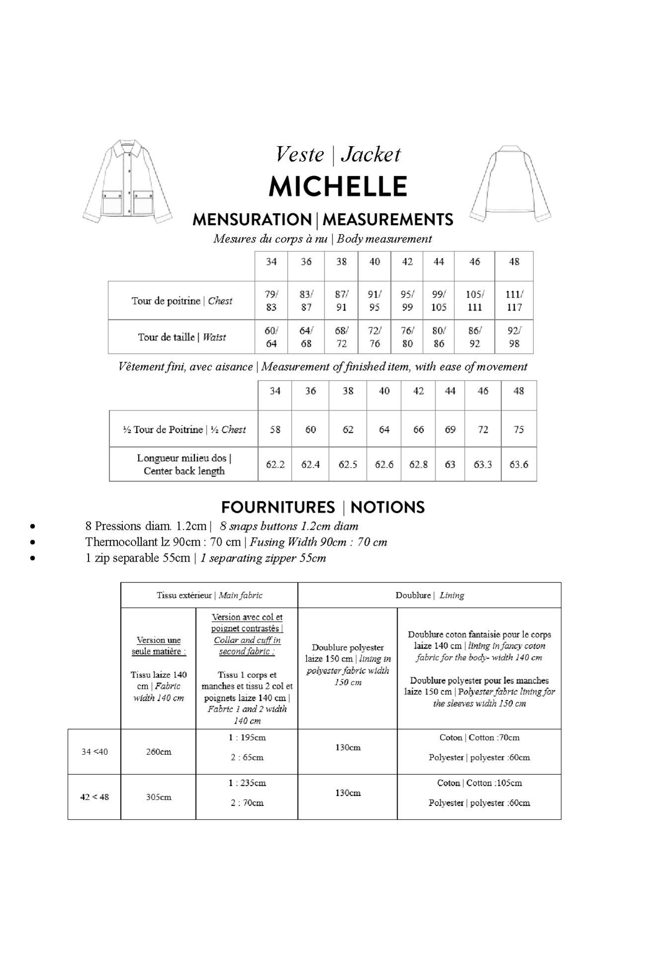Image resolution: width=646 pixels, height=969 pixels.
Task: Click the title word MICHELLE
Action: pyautogui.click(x=337, y=187)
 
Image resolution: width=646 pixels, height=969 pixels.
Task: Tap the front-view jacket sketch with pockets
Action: pyautogui.click(x=128, y=181)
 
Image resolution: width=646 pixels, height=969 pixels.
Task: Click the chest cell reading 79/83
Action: pyautogui.click(x=271, y=301)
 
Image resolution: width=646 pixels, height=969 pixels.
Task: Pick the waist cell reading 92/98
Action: pyautogui.click(x=514, y=337)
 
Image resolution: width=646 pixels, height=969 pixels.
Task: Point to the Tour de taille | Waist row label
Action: pyautogui.click(x=182, y=337)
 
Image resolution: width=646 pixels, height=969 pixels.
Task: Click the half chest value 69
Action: pyautogui.click(x=450, y=429)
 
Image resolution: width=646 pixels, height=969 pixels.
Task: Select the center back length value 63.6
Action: pyautogui.click(x=519, y=465)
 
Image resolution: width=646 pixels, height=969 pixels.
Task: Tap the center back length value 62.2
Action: pyautogui.click(x=275, y=465)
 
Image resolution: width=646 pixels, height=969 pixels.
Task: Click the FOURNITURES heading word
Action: pyautogui.click(x=278, y=507)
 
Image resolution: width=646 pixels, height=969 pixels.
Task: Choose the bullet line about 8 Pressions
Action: pyautogui.click(x=221, y=526)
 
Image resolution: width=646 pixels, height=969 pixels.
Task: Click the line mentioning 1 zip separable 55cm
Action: pyautogui.click(x=205, y=558)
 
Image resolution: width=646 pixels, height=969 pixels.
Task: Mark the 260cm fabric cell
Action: pyautogui.click(x=159, y=752)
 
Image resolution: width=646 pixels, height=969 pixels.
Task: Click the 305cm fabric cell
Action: pyautogui.click(x=159, y=797)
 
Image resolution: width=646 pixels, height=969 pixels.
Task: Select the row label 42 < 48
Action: pyautogui.click(x=94, y=797)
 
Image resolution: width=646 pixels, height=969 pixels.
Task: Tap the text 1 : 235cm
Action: pyautogui.click(x=247, y=783)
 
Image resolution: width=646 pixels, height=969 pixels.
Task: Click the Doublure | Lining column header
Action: pyautogui.click(x=429, y=595)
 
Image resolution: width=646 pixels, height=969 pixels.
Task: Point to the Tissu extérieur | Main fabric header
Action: pyautogui.click(x=209, y=595)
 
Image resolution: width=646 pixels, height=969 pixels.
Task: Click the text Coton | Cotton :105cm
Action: pyautogui.click(x=479, y=783)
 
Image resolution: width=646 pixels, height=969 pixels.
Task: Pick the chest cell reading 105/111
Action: pyautogui.click(x=475, y=301)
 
